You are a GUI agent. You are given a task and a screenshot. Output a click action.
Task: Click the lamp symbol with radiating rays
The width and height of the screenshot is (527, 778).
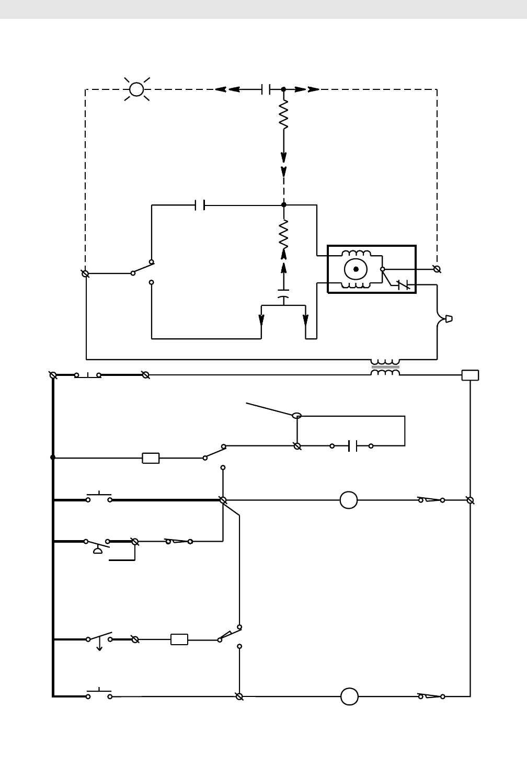[x=136, y=89]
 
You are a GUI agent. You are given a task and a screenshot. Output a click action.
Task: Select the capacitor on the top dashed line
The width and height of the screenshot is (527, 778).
[x=266, y=89]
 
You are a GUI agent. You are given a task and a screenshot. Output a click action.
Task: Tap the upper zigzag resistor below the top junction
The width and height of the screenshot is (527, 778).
[x=284, y=116]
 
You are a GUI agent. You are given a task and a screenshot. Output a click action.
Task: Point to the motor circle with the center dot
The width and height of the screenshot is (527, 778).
[x=356, y=269]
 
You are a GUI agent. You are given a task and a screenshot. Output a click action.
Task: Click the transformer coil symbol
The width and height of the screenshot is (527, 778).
[x=385, y=367]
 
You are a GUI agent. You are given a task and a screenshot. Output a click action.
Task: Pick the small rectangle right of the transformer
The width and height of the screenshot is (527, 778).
[x=470, y=375]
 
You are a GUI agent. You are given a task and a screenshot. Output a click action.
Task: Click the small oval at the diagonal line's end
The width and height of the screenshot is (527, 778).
[x=297, y=416]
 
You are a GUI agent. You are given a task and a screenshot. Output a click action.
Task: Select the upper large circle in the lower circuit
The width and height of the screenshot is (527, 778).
[x=349, y=500]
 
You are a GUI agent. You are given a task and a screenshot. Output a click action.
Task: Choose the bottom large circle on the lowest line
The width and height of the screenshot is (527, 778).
[x=349, y=696]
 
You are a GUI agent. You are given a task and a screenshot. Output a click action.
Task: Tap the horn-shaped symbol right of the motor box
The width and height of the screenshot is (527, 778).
[x=448, y=319]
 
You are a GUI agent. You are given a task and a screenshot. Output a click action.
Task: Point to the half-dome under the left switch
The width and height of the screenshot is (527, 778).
[x=98, y=551]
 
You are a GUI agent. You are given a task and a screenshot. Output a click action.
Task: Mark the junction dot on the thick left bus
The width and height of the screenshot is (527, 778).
[x=53, y=457]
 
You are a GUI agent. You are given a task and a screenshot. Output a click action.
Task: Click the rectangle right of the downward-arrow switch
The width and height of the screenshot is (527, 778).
[x=179, y=639]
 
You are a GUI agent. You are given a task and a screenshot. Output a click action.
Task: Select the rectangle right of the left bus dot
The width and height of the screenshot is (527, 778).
[x=151, y=458]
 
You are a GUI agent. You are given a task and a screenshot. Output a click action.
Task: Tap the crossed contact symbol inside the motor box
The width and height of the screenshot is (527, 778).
[x=403, y=285]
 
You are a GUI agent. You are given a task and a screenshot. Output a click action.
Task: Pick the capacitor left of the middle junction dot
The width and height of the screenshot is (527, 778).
[x=199, y=205]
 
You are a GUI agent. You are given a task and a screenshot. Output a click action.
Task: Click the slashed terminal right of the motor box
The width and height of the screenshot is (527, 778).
[x=437, y=269]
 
